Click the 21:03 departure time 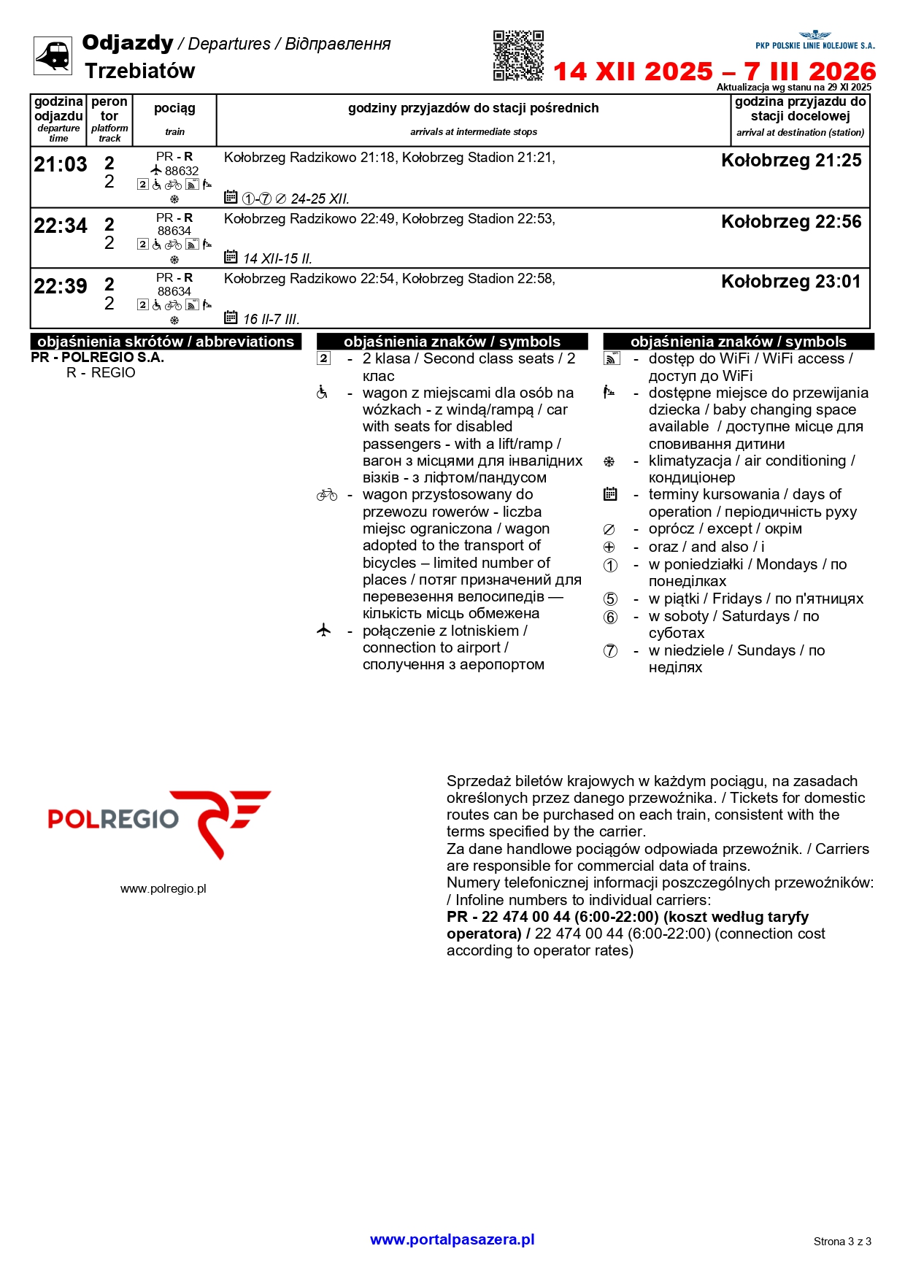pyautogui.click(x=61, y=165)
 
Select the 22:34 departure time pyautogui.click(x=61, y=226)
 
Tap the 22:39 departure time pyautogui.click(x=61, y=286)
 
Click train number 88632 pyautogui.click(x=182, y=171)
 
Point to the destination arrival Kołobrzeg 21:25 pyautogui.click(x=791, y=161)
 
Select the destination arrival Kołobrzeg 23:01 pyautogui.click(x=791, y=282)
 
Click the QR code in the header pyautogui.click(x=518, y=55)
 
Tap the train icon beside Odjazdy pyautogui.click(x=53, y=55)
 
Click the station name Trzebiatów pyautogui.click(x=140, y=71)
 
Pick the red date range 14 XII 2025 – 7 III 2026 pyautogui.click(x=715, y=72)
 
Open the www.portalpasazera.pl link pyautogui.click(x=452, y=1239)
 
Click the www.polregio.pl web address pyautogui.click(x=163, y=888)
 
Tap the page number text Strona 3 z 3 pyautogui.click(x=842, y=1242)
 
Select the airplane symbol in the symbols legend pyautogui.click(x=324, y=630)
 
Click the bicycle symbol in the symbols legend pyautogui.click(x=326, y=495)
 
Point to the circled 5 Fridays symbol pyautogui.click(x=610, y=599)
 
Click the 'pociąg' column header pyautogui.click(x=174, y=109)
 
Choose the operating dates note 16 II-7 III pyautogui.click(x=271, y=319)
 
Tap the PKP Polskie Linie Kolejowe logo pyautogui.click(x=814, y=40)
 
